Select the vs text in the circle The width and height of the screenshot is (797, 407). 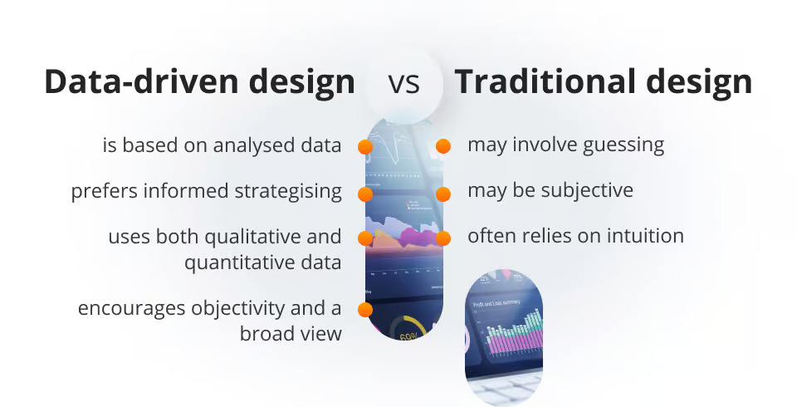403,83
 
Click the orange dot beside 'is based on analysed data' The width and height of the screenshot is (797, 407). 364,146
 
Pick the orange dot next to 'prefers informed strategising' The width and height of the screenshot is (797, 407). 364,194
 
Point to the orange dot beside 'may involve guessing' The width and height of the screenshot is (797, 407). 443,146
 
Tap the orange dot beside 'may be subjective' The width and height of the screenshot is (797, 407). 443,194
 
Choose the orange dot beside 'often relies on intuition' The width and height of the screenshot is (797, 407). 443,238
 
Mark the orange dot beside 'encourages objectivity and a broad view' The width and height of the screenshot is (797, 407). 364,310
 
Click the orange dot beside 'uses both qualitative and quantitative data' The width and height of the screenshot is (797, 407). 364,238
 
